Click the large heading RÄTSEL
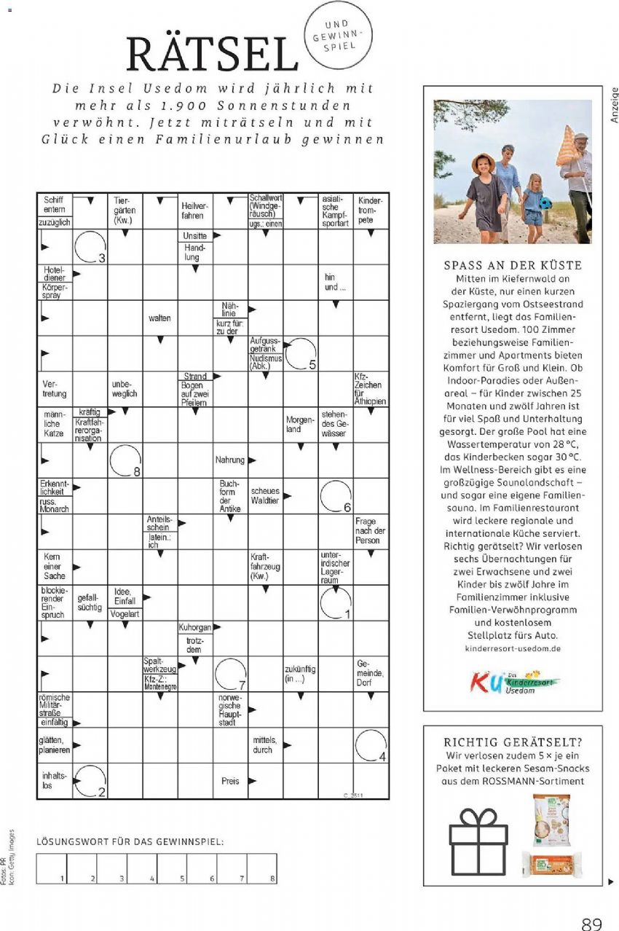[212, 52]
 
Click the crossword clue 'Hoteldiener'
[55, 274]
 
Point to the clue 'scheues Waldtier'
[265, 496]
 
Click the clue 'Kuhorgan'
[194, 626]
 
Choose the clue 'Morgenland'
[300, 425]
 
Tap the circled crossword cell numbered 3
[90, 246]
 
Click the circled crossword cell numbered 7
[230, 673]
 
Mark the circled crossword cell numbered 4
[371, 745]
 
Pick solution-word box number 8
[262, 868]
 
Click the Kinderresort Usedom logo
[513, 683]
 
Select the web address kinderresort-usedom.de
[512, 648]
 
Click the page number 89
[591, 923]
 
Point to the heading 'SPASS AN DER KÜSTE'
[513, 265]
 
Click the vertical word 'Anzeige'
[613, 105]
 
